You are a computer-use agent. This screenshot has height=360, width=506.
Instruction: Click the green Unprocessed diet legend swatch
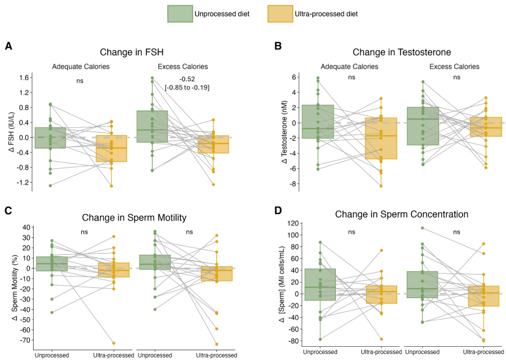179,14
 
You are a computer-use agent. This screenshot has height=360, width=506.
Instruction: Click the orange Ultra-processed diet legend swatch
279,14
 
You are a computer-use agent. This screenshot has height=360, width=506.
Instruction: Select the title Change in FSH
133,52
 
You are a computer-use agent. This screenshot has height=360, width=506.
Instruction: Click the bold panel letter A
8,46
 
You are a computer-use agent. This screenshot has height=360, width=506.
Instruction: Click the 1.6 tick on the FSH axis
24,78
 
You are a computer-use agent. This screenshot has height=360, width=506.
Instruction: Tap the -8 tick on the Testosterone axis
294,184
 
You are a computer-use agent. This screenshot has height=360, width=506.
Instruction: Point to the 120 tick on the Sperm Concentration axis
292,223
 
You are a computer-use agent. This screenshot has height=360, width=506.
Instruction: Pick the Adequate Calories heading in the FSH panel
81,66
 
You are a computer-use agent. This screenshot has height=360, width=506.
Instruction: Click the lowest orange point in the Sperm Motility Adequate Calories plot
113,343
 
